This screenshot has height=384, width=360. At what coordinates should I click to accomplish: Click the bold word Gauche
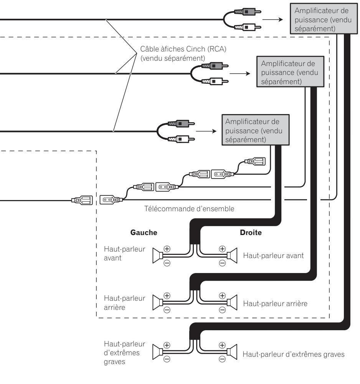click(144, 232)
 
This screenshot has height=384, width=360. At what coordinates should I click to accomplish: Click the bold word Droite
click(251, 232)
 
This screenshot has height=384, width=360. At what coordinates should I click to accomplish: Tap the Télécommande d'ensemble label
click(189, 209)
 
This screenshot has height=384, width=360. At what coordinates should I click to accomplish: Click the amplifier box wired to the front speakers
click(256, 130)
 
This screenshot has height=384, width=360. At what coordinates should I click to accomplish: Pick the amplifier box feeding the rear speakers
click(290, 71)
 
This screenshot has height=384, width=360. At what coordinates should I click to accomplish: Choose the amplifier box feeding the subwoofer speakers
click(324, 18)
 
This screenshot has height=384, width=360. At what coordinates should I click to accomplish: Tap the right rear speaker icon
click(232, 303)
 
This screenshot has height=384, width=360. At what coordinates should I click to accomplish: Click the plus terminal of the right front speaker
click(222, 249)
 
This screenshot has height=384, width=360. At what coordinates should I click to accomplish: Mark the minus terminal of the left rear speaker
click(167, 310)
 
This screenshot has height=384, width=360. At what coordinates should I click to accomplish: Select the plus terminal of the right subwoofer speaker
click(222, 345)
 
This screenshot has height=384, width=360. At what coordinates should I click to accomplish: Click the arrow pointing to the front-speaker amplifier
click(206, 131)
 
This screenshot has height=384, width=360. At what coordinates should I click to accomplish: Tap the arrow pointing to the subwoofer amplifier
click(272, 19)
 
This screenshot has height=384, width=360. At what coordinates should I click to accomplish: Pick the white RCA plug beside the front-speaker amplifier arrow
click(182, 139)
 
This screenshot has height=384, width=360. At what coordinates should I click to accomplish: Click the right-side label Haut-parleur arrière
click(275, 304)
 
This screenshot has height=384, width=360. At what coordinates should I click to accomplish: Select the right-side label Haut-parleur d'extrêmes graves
click(294, 354)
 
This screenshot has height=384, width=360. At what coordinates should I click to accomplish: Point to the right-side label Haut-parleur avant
click(273, 256)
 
